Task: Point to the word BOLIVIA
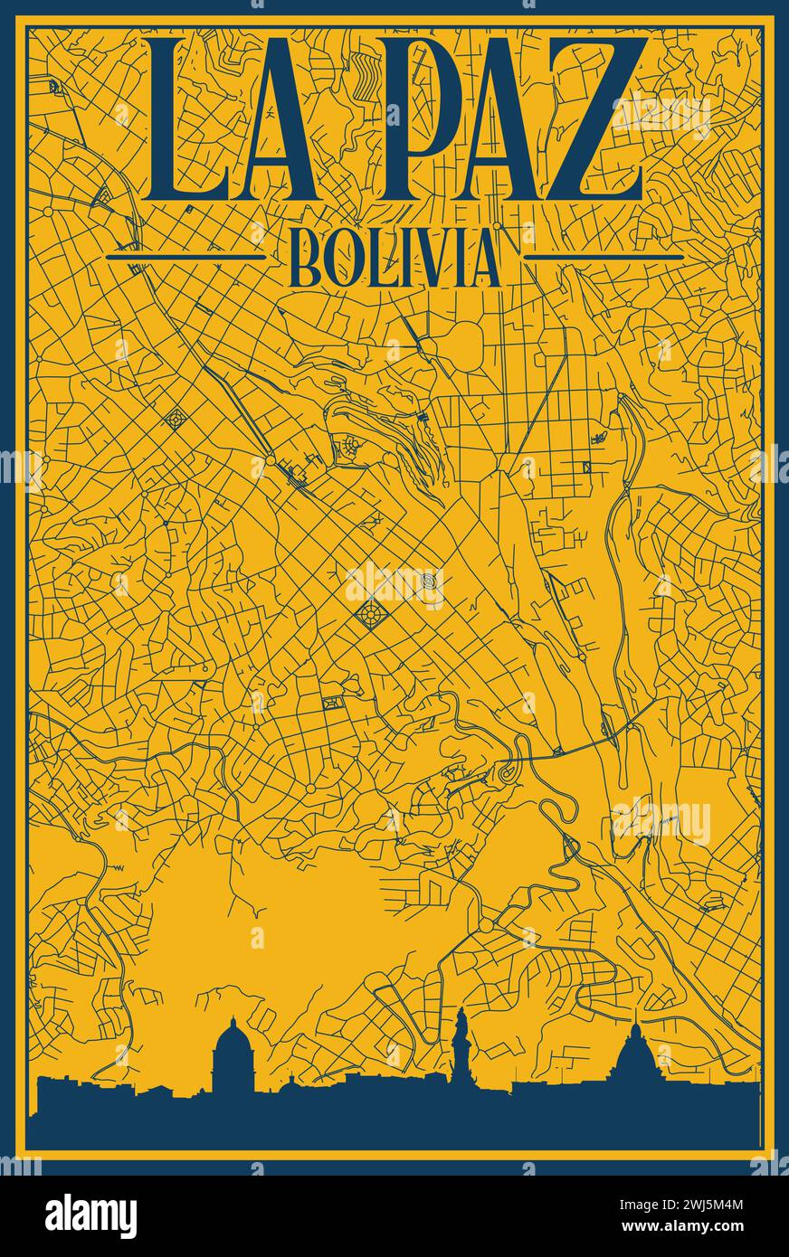(394, 258)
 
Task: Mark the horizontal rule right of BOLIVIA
(604, 257)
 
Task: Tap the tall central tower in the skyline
(461, 1040)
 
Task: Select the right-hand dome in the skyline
(636, 1054)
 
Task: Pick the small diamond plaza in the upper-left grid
(174, 420)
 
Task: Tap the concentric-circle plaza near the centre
(429, 579)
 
